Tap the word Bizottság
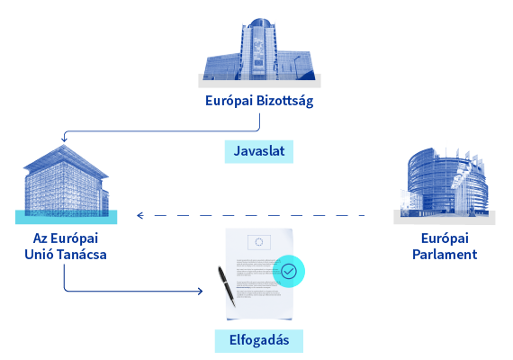[284, 101]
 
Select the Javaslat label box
[259, 151]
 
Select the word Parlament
[445, 255]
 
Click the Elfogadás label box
[259, 341]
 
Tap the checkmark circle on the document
[289, 271]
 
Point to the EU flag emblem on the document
[259, 242]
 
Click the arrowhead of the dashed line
[140, 215]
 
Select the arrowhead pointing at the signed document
[200, 291]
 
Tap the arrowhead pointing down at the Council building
[64, 139]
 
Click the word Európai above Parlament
[445, 238]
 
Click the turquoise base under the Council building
[66, 217]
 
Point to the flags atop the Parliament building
[464, 157]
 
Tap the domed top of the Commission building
[259, 22]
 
